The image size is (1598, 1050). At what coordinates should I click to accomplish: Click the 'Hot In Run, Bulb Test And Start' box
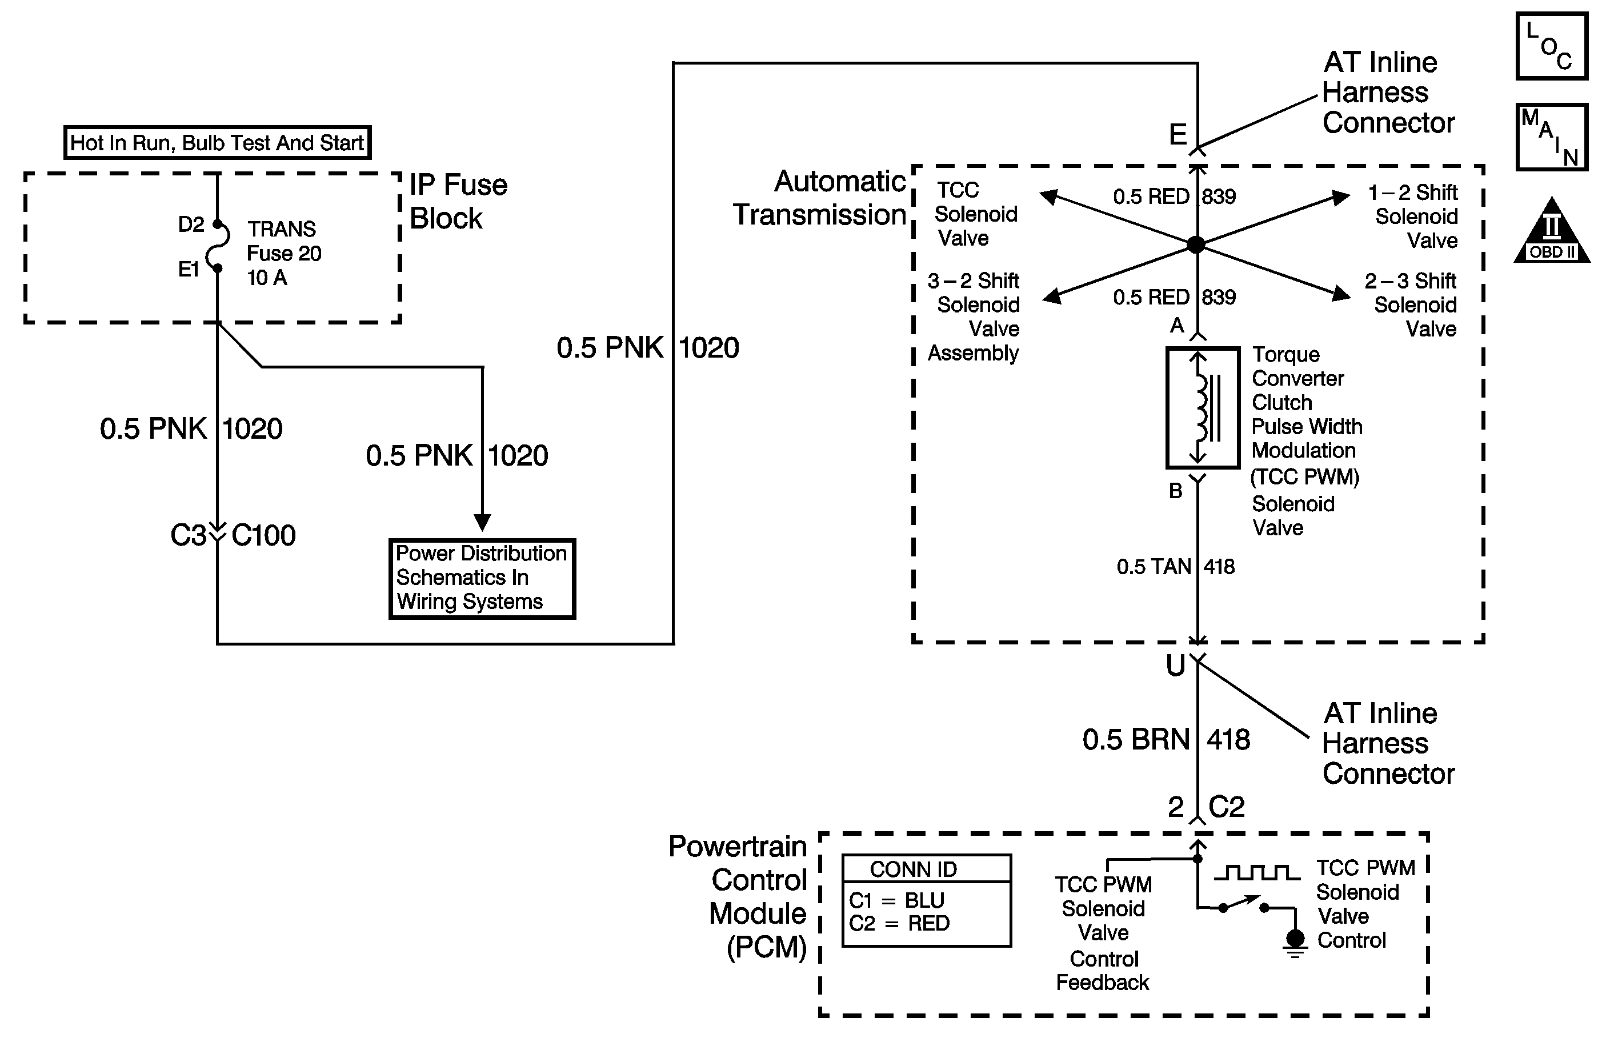[217, 142]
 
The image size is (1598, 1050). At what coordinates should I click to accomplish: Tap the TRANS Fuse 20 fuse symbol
[218, 246]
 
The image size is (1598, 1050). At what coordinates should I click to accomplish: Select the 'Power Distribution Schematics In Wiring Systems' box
[482, 578]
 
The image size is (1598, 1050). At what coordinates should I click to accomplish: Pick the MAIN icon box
[1551, 137]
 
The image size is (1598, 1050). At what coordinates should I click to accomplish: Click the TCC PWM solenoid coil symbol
[1202, 407]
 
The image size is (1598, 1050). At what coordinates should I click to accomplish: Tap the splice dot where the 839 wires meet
[1196, 245]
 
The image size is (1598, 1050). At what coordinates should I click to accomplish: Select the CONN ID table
[926, 900]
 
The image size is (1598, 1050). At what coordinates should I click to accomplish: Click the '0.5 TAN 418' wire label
[1176, 567]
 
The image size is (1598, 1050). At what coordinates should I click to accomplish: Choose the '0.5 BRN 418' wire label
[1166, 740]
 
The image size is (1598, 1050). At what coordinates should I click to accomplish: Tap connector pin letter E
[1178, 135]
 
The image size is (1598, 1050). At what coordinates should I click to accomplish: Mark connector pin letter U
[1176, 666]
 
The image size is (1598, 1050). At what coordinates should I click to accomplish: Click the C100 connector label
[263, 536]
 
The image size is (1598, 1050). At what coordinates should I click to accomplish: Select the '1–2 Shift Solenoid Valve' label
[1414, 216]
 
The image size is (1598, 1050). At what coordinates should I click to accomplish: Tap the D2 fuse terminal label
[191, 225]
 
